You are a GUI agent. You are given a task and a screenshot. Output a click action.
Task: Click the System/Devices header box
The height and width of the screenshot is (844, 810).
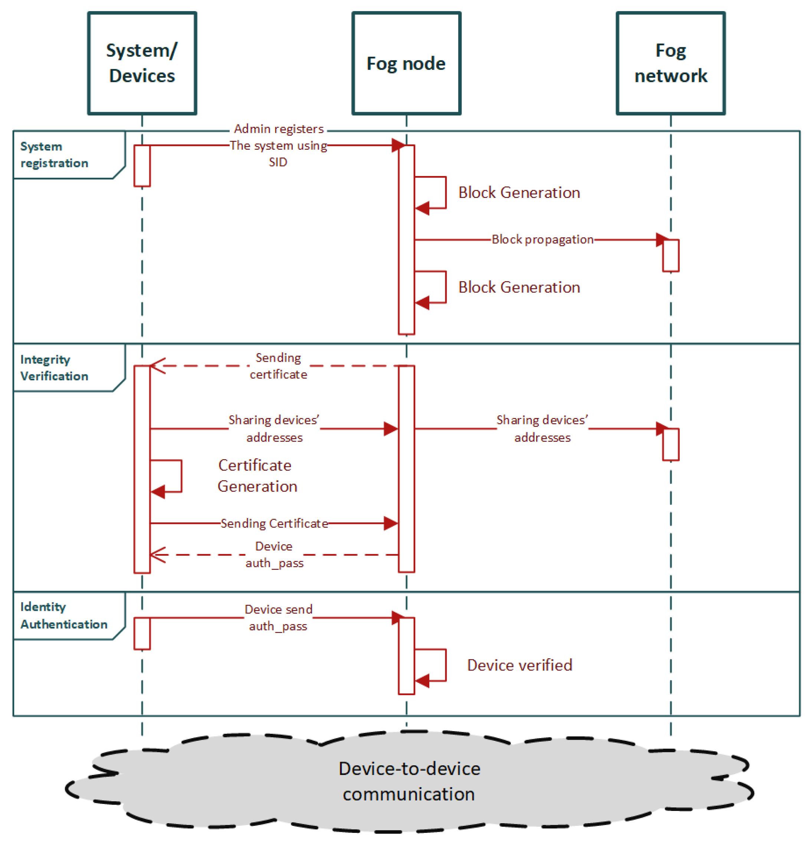142,63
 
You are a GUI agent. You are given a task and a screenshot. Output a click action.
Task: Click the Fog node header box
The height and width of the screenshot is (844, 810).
406,63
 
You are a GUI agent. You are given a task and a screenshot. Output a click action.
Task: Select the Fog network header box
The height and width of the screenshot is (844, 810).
670,63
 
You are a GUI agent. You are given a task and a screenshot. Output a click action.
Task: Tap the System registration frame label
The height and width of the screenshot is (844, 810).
54,154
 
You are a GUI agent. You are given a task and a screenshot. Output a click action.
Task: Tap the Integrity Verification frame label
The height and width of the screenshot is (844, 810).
54,367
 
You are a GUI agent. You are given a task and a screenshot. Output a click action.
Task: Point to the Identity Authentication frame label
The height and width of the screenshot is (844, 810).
63,615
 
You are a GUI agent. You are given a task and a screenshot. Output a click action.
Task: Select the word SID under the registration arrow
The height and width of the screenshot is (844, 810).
278,162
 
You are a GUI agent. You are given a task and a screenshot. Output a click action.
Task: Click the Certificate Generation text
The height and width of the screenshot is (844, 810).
257,475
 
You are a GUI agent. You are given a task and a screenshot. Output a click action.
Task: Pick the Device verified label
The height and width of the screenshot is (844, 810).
519,665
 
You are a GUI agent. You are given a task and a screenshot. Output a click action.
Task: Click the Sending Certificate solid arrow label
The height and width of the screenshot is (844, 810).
274,523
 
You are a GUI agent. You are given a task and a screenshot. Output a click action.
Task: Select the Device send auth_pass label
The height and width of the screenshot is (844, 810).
278,617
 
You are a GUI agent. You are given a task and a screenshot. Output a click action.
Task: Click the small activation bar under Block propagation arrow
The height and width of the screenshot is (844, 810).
670,255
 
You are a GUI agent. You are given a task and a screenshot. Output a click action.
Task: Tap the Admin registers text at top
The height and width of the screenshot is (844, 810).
278,129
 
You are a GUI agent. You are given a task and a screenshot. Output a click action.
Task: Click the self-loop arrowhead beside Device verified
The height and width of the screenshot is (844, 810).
422,681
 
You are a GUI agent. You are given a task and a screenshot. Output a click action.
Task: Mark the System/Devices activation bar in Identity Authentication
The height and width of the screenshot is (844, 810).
142,633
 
